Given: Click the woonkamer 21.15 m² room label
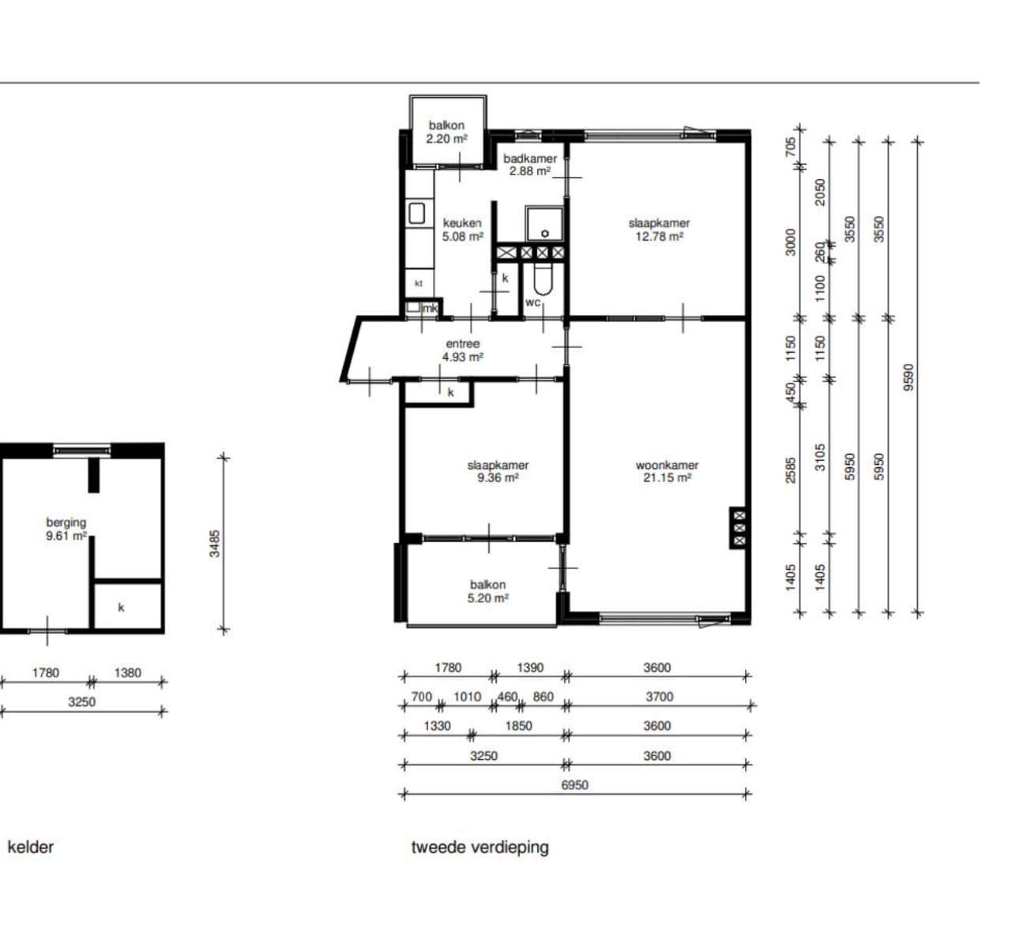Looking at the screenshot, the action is (667, 471).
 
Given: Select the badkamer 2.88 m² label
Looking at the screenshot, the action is (530, 165).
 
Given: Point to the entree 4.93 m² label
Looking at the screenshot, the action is (462, 350).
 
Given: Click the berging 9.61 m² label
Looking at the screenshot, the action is (66, 529).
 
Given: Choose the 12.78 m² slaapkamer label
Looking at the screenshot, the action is (660, 230).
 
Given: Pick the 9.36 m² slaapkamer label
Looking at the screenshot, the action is (498, 471).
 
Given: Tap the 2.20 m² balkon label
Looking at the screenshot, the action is (446, 132).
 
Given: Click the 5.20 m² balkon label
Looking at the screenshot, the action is (487, 591).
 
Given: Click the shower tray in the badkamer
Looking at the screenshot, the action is (544, 224).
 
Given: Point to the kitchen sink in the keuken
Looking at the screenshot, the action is (416, 213).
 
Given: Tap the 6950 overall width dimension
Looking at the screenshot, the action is (574, 785).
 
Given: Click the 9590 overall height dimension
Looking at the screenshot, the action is (908, 377).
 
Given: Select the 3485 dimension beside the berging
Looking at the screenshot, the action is (215, 544).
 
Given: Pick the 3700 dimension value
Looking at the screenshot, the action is (660, 696).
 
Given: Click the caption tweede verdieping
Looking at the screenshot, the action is (480, 847).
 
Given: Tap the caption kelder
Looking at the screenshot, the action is (31, 847).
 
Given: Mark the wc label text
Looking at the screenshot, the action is (533, 302).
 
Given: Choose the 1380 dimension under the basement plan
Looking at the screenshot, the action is (127, 673).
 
